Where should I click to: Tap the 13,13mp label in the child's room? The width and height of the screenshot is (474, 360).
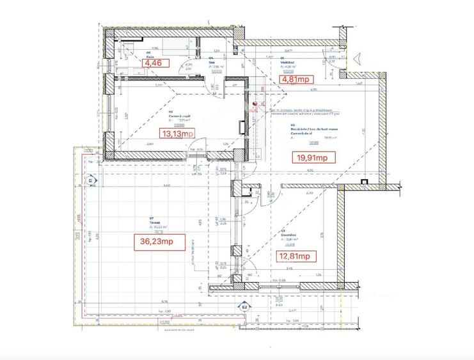(177, 134)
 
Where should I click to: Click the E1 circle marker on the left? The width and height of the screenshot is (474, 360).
(90, 181)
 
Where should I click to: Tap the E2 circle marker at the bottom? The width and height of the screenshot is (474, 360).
(244, 308)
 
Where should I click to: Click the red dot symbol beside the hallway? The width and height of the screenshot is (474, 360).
(255, 102)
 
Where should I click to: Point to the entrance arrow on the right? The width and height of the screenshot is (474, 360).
(356, 59)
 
